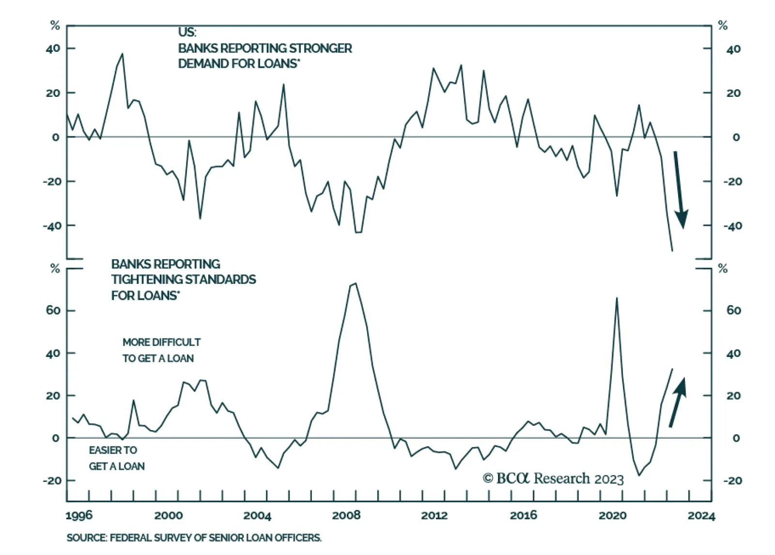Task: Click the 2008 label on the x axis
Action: [x=346, y=515]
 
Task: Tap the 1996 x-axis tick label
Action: [x=79, y=515]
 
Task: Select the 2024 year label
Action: [x=701, y=516]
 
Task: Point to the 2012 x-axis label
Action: [x=434, y=515]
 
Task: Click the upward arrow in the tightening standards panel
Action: [x=678, y=402]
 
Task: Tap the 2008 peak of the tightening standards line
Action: [x=356, y=283]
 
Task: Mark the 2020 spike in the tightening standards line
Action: [x=617, y=298]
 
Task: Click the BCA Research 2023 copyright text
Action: [x=553, y=478]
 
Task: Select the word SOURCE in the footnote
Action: [x=86, y=538]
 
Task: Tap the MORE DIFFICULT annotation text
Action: [x=161, y=342]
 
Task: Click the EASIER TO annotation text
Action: [x=113, y=450]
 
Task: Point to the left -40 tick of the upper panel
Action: [x=51, y=226]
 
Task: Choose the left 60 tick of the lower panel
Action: [x=53, y=310]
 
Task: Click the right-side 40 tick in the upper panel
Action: [x=733, y=49]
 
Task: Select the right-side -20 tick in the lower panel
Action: [x=732, y=480]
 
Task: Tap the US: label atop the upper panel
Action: [x=187, y=32]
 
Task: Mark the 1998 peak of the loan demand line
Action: [x=122, y=54]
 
